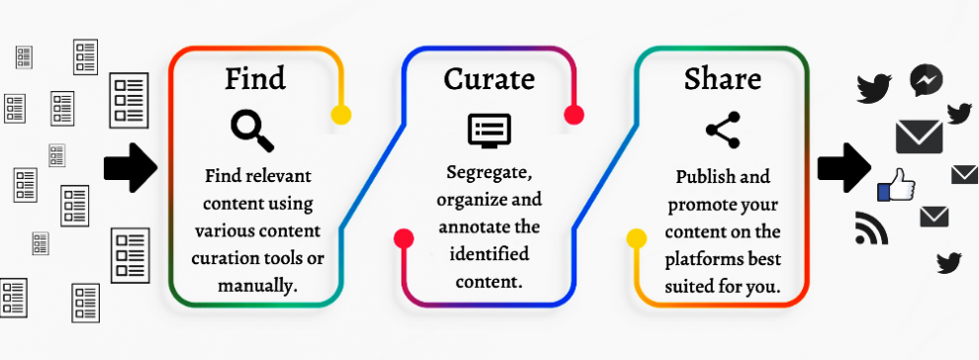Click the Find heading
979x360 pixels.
click(255, 78)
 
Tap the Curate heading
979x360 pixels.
click(489, 78)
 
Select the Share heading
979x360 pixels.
click(722, 78)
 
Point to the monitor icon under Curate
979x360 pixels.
click(489, 130)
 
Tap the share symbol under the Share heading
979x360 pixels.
click(722, 129)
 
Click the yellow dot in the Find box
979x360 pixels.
click(340, 114)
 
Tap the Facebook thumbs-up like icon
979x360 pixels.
click(896, 185)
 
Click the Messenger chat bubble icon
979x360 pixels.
click(926, 80)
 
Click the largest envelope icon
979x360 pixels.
click(919, 136)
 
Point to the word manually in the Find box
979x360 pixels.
click(257, 287)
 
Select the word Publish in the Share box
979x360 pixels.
click(707, 178)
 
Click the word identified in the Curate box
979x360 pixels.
click(489, 254)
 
